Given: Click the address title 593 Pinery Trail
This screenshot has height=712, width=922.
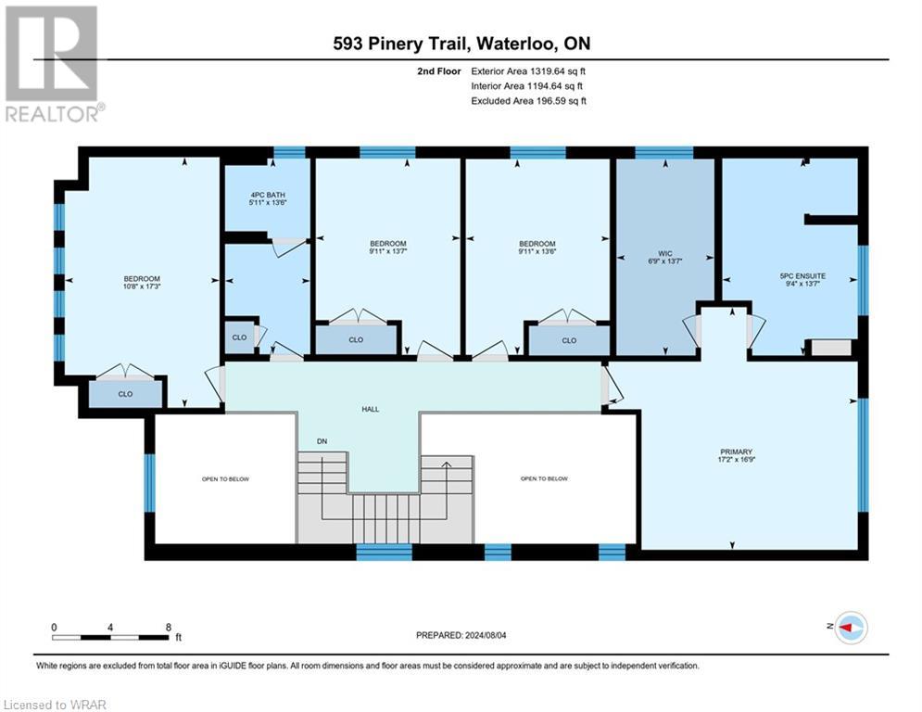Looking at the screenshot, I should (x=462, y=44).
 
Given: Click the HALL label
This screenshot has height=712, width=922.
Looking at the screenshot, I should (x=371, y=409).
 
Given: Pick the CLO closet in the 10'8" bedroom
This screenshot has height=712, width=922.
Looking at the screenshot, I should (x=125, y=394).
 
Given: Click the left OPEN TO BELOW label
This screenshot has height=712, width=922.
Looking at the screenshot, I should (x=225, y=479).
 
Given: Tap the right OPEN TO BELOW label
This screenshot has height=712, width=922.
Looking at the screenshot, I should (x=544, y=479).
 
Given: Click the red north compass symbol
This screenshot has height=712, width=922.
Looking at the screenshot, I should (x=850, y=628).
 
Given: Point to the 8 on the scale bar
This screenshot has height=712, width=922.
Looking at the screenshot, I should (x=168, y=627).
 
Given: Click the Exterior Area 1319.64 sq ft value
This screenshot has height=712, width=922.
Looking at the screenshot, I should (x=529, y=70).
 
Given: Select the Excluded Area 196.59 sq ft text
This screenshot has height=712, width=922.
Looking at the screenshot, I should (x=529, y=101).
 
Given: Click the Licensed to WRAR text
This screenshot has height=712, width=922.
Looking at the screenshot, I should (x=56, y=705).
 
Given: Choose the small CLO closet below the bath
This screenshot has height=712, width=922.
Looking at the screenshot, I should (x=239, y=337).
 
